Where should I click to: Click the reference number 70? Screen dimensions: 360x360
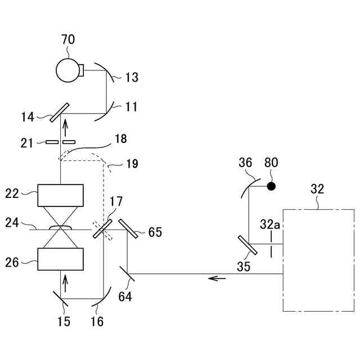tap(67, 40)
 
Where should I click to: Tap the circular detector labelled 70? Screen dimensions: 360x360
tap(68, 70)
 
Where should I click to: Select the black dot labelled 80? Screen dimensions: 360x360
tap(271, 186)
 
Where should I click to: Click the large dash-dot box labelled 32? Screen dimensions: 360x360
tap(318, 260)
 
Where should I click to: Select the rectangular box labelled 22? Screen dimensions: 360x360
tap(60, 195)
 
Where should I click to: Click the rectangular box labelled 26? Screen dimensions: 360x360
tap(60, 259)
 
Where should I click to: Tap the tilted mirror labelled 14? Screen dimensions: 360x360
tap(60, 112)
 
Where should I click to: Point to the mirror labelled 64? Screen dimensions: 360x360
tap(127, 274)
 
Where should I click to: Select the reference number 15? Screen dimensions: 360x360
tap(64, 321)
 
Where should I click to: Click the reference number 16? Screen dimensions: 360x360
tap(96, 321)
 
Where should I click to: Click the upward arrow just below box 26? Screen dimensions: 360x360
tap(65, 280)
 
